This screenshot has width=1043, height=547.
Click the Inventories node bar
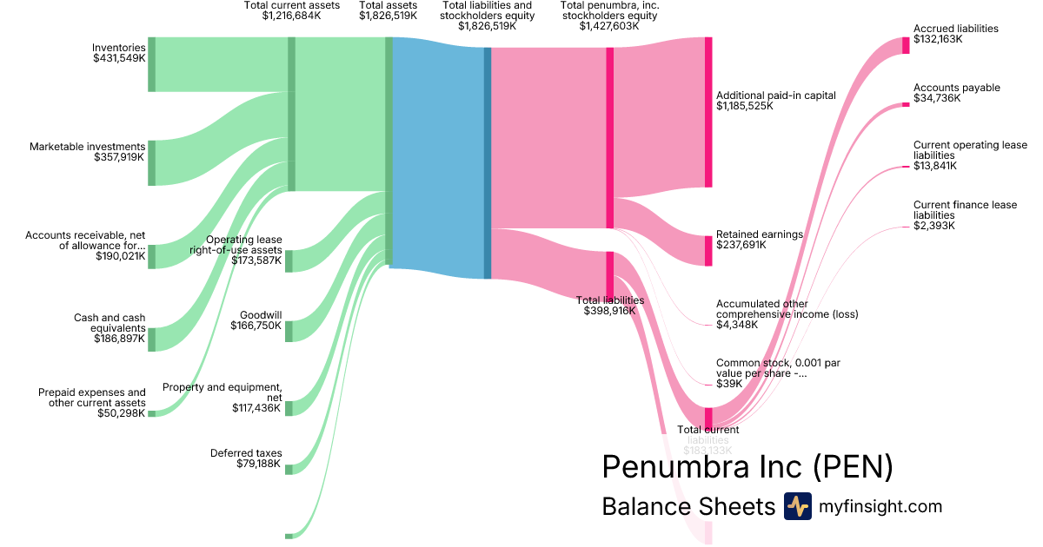[151, 64]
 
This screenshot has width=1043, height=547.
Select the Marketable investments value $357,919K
[119, 157]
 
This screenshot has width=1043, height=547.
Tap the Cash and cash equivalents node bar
[151, 339]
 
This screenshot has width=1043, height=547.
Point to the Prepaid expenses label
[92, 398]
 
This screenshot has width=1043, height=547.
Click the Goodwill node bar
[289, 332]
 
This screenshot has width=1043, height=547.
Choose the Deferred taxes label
[246, 453]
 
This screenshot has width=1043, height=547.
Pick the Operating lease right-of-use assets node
[289, 260]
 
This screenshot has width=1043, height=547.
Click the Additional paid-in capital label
[775, 96]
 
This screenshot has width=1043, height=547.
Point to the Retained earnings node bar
[708, 251]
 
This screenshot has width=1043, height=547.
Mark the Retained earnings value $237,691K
[741, 246]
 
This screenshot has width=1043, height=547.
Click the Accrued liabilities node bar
[906, 46]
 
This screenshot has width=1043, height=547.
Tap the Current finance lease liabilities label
[965, 210]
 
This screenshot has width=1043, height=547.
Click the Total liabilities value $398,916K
[609, 311]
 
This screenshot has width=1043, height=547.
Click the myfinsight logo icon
[797, 506]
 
